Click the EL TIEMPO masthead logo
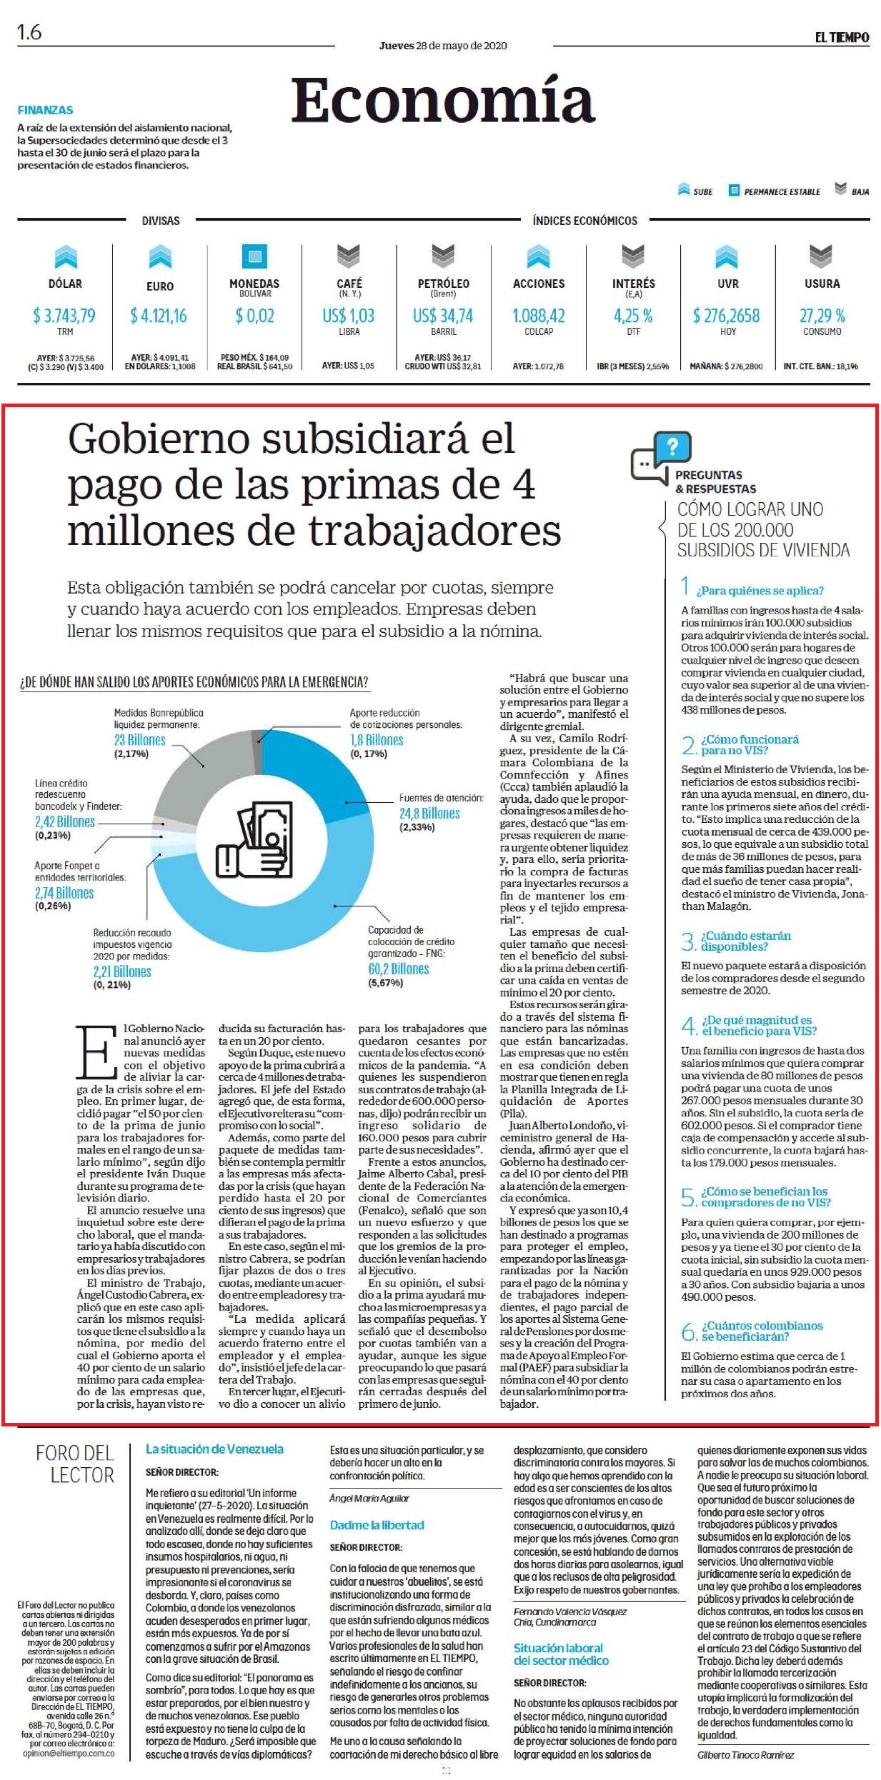(x=842, y=37)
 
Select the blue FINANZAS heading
(x=45, y=110)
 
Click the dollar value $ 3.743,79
(x=64, y=316)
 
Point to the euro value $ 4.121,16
(x=159, y=316)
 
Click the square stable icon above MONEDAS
(x=254, y=256)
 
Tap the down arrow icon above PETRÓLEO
(x=443, y=256)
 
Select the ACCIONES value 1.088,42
(x=539, y=316)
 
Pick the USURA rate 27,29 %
(x=822, y=316)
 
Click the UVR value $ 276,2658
(x=727, y=316)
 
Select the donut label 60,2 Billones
(x=399, y=969)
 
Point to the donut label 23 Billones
(x=140, y=740)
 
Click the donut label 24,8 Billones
(x=429, y=814)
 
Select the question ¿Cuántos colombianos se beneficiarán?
(x=762, y=1331)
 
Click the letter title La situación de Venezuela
(x=214, y=1449)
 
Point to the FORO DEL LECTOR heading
(x=75, y=1464)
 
